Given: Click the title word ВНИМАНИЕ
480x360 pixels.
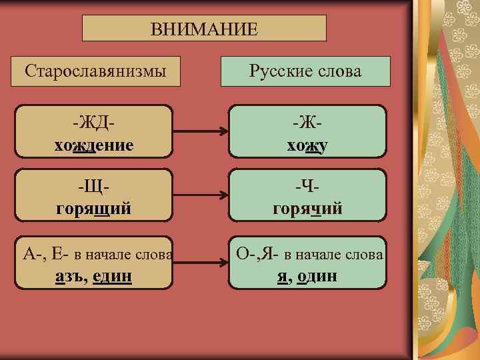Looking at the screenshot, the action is [204, 29].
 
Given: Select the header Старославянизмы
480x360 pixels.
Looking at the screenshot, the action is [95, 70].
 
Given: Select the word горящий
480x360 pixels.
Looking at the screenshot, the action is [94, 209].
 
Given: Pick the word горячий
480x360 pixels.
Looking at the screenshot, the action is [307, 209].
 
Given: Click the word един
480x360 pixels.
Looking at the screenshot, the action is [111, 275].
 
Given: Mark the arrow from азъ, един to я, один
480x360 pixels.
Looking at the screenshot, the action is [201, 264].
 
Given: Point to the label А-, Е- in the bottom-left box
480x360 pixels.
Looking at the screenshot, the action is [45, 254].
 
